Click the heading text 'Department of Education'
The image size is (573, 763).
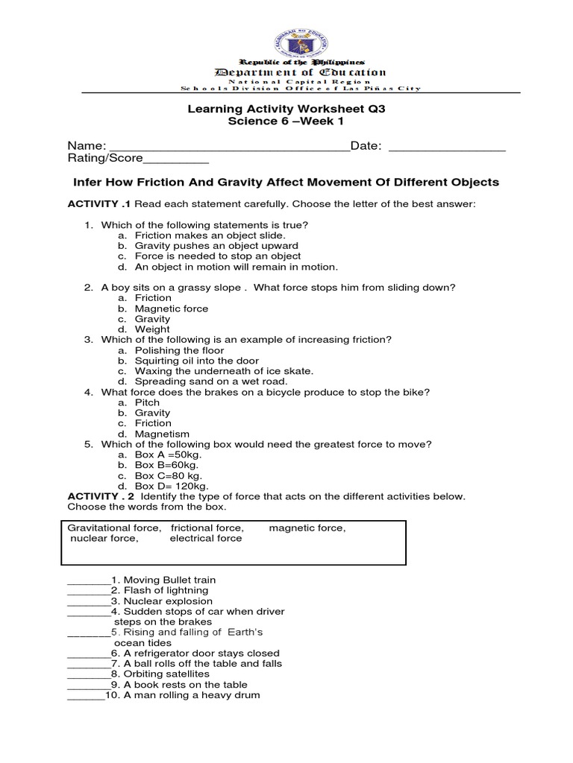click(x=301, y=72)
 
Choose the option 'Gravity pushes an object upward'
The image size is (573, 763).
click(x=216, y=245)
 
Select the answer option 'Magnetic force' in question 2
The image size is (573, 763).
click(x=172, y=308)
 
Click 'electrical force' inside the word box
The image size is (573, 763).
click(x=206, y=538)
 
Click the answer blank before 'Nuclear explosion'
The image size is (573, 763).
click(x=88, y=601)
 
